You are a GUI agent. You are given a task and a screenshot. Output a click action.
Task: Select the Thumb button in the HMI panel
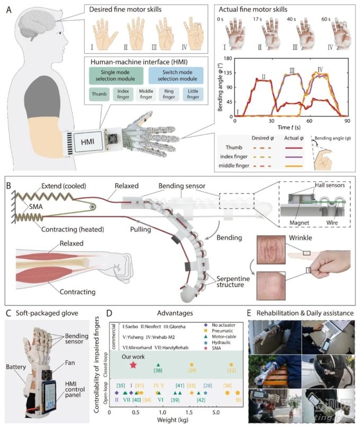point(96,95)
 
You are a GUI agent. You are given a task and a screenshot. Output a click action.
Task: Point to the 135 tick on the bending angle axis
point(228,74)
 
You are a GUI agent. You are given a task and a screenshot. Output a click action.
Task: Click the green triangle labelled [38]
point(158,365)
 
